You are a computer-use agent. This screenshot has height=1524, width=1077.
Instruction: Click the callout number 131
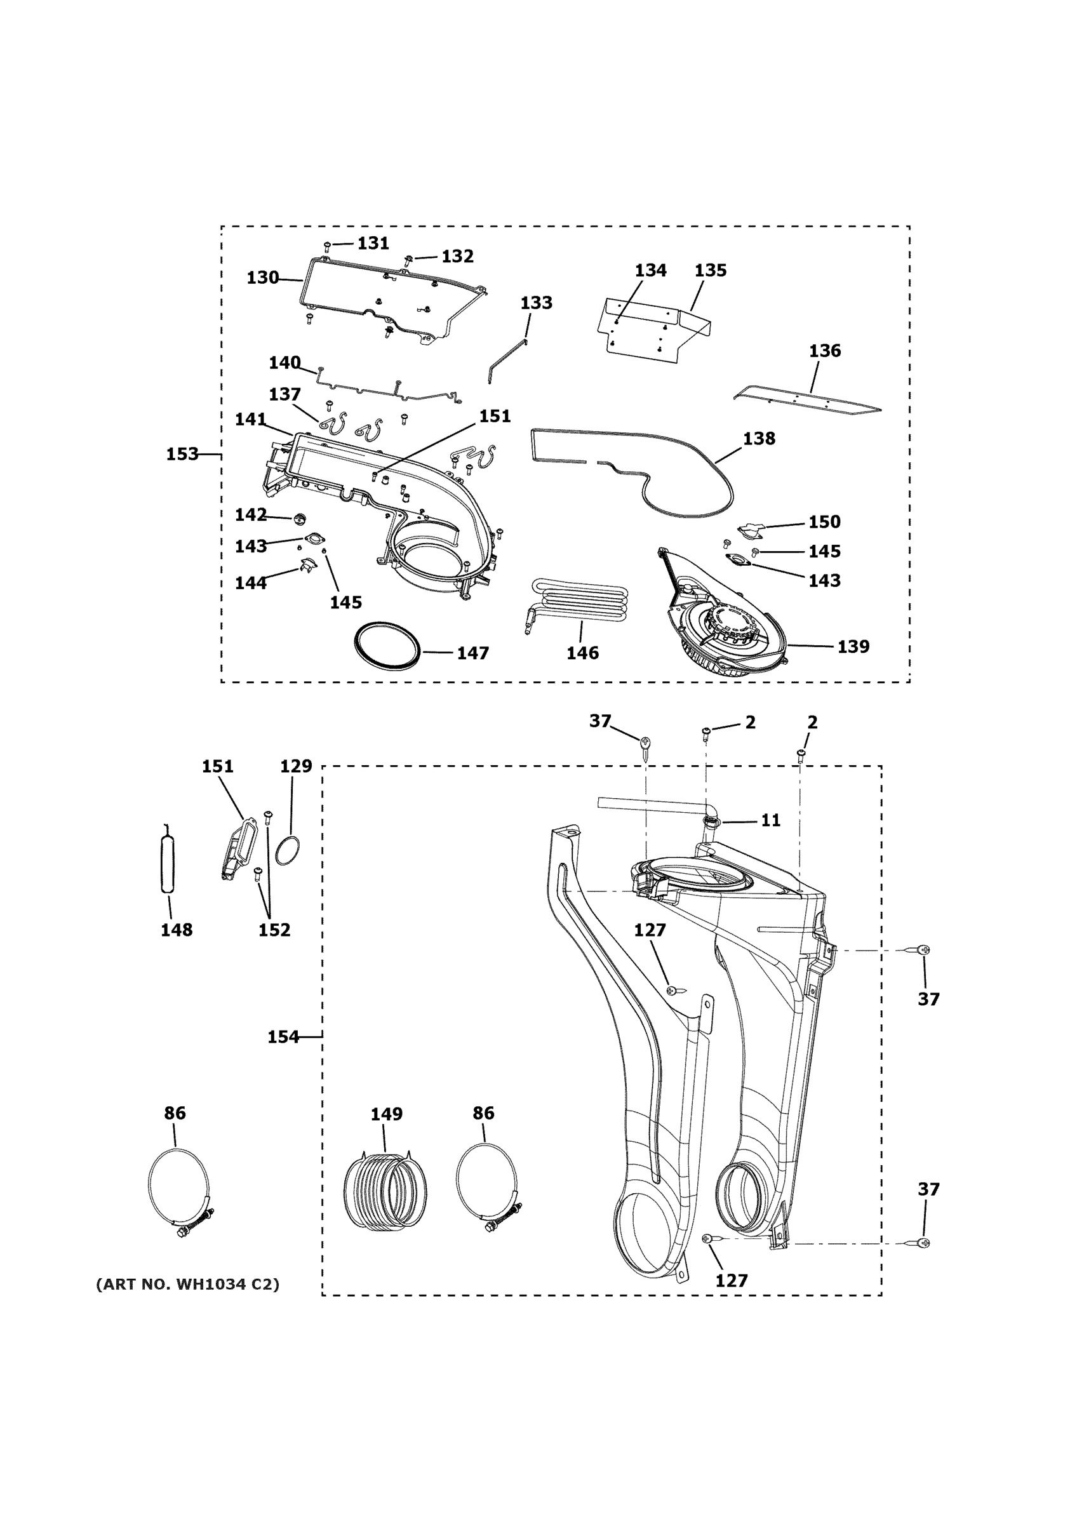(x=373, y=244)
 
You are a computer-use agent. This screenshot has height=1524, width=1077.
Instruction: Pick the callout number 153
(x=182, y=454)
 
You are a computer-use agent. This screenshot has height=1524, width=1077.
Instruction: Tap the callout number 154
(x=283, y=1037)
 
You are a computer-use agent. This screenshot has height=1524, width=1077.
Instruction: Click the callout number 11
(x=770, y=820)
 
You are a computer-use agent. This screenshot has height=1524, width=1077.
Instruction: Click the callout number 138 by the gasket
(x=758, y=439)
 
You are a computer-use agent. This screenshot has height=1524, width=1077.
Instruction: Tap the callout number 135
(x=710, y=270)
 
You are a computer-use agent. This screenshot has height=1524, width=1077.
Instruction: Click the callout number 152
(x=274, y=930)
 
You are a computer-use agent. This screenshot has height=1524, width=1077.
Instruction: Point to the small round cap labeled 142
(x=299, y=517)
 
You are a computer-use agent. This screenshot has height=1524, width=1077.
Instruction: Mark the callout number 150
(x=824, y=522)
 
